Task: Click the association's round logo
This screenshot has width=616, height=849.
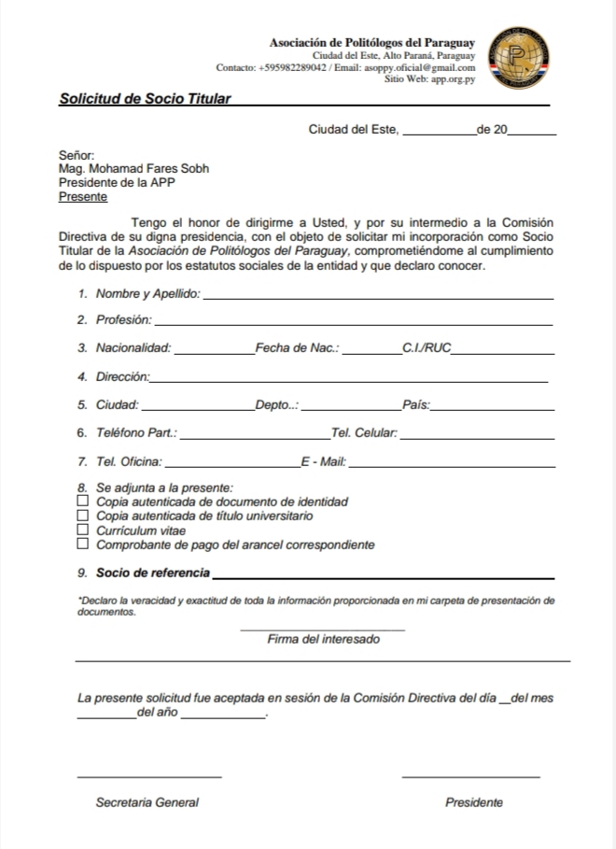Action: pos(518,59)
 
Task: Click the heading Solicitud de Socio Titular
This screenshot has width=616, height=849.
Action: pos(145,98)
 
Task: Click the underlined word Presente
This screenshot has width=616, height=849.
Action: pos(82,197)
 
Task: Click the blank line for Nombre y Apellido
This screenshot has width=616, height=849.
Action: pos(377,296)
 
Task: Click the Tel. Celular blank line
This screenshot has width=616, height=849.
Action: pos(476,437)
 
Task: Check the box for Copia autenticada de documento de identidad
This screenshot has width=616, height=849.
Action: pos(83,502)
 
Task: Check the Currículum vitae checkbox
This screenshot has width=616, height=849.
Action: pos(83,531)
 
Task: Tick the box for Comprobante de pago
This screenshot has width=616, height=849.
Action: pos(83,545)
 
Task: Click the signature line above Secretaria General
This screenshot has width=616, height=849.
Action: pos(148,776)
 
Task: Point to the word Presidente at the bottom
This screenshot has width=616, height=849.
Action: pos(474,802)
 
